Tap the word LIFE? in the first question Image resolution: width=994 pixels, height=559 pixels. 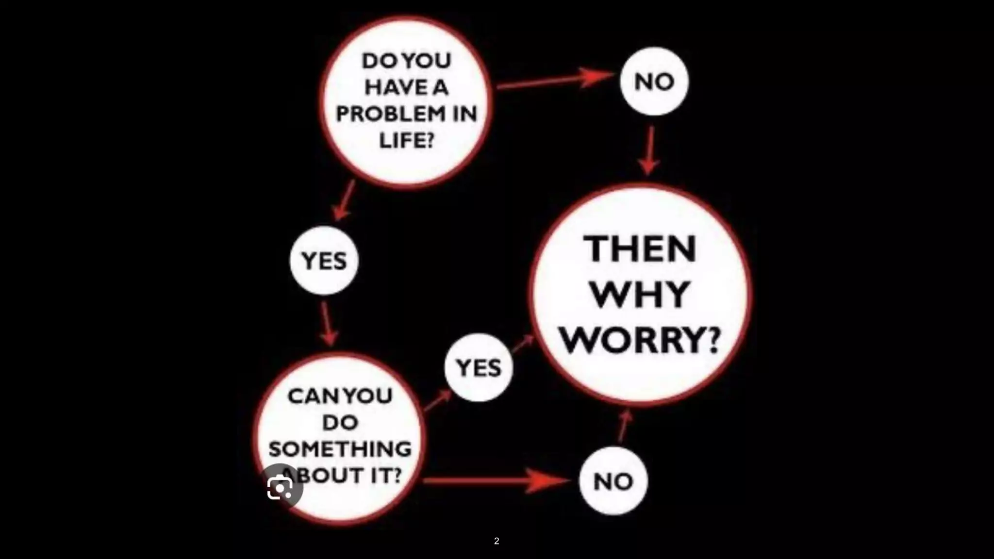click(x=406, y=141)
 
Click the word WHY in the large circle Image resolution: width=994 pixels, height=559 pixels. click(x=640, y=295)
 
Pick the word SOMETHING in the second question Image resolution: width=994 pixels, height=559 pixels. click(x=340, y=449)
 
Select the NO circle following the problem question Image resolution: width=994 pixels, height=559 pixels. click(x=654, y=82)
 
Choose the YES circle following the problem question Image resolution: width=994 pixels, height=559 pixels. click(x=324, y=261)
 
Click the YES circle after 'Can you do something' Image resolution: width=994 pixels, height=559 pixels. click(x=479, y=367)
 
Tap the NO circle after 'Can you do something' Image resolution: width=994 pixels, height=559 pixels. click(x=613, y=481)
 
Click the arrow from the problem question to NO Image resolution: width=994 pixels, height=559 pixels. click(x=553, y=81)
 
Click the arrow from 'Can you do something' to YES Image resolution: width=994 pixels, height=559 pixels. click(x=438, y=401)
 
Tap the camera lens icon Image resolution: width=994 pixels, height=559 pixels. click(x=280, y=488)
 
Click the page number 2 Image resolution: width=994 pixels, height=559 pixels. click(x=497, y=541)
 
